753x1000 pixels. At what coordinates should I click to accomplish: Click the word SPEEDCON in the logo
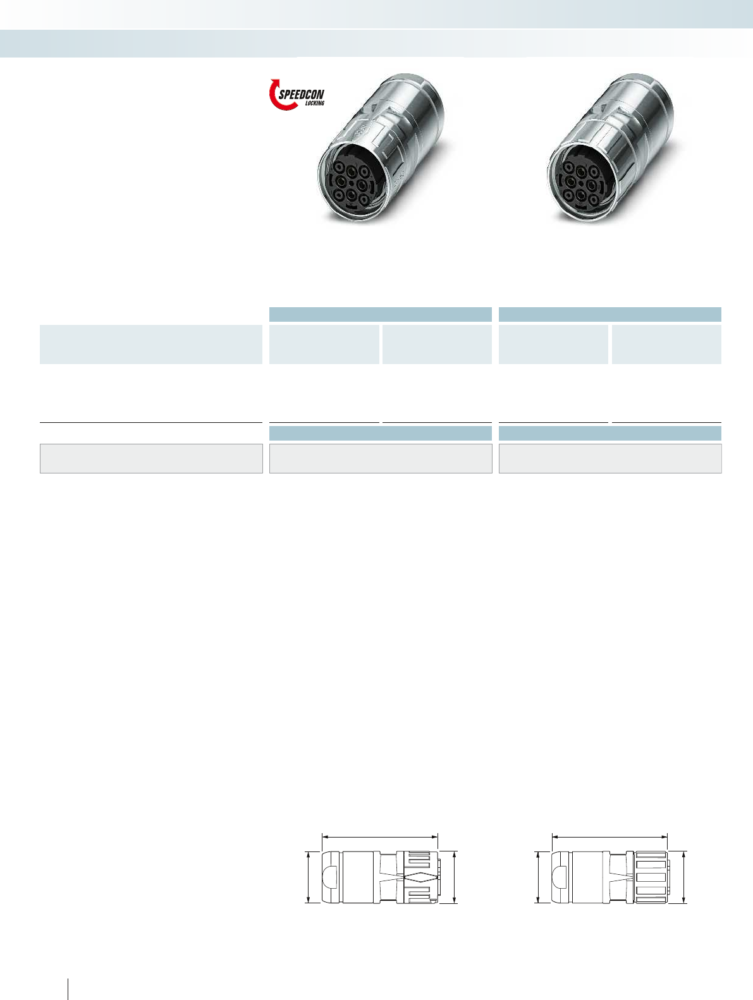301,95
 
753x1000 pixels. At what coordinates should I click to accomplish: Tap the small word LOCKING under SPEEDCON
315,104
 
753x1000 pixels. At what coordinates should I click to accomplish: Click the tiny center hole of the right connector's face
580,183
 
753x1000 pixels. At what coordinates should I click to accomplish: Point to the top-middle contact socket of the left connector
351,171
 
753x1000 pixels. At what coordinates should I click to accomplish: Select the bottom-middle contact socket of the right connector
581,195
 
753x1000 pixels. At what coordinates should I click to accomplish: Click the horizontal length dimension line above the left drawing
380,837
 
